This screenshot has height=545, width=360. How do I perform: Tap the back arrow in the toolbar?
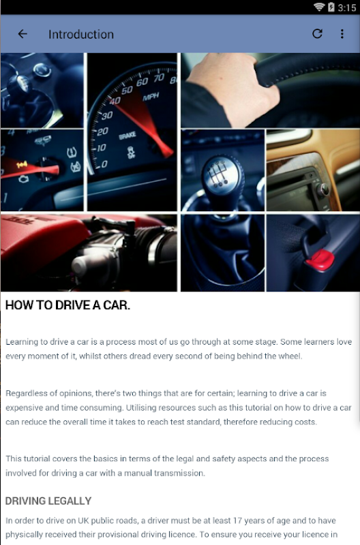click(x=22, y=33)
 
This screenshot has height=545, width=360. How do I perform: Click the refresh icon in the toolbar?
click(x=317, y=33)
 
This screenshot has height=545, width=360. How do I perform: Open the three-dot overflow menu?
click(x=342, y=33)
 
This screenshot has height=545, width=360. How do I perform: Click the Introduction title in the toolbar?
click(x=81, y=35)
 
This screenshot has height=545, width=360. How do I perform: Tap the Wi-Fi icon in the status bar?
click(x=319, y=7)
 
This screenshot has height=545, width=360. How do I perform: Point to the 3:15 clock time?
click(x=347, y=7)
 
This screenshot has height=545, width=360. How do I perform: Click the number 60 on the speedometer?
click(x=142, y=82)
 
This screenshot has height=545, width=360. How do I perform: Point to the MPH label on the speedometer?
click(x=151, y=97)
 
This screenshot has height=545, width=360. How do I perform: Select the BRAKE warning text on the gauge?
click(x=127, y=136)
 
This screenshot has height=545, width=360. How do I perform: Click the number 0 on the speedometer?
click(x=104, y=163)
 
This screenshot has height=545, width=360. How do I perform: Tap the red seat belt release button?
click(x=320, y=260)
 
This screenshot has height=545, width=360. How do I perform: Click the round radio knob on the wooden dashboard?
click(x=324, y=190)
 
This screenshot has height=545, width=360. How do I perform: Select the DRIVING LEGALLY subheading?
click(x=48, y=501)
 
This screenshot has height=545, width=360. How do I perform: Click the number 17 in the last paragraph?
click(x=237, y=520)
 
